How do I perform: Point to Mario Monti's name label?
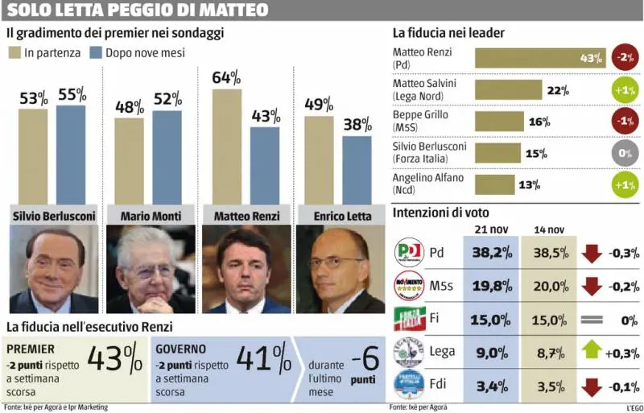click(150, 216)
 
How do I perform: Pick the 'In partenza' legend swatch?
click(14, 53)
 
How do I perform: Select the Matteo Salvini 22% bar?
click(508, 89)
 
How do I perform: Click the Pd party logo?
click(408, 253)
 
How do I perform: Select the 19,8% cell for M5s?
click(491, 286)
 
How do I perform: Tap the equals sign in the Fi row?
click(592, 319)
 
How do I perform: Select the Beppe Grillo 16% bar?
click(498, 121)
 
